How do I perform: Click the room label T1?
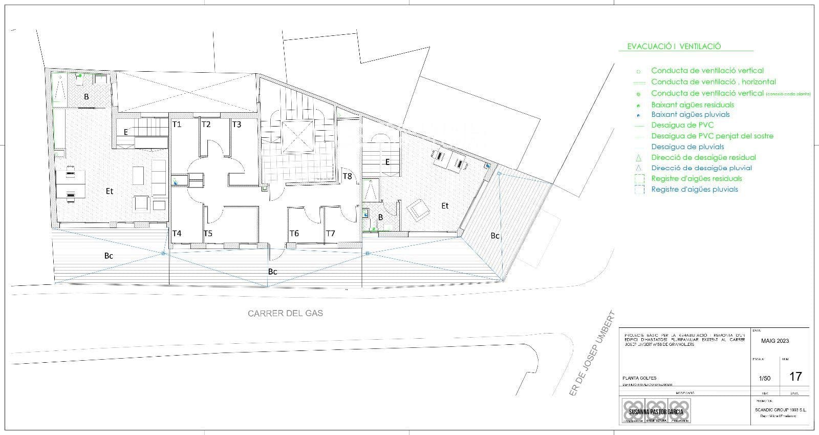(x=177, y=125)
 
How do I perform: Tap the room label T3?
(x=236, y=125)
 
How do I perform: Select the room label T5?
(x=208, y=234)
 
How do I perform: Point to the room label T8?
(x=347, y=176)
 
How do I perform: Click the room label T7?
(x=331, y=234)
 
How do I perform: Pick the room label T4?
(x=177, y=234)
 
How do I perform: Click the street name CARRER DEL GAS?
(x=285, y=313)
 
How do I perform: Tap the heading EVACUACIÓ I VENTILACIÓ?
(x=674, y=46)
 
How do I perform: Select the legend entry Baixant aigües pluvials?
(x=690, y=115)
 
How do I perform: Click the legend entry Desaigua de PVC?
(x=682, y=125)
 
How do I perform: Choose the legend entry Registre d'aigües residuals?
(x=696, y=179)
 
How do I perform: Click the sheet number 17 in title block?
(x=795, y=377)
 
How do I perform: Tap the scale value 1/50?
(x=764, y=379)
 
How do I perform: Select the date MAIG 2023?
(x=775, y=341)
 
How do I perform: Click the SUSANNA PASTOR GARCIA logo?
(x=656, y=411)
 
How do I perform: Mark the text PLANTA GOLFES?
(x=639, y=378)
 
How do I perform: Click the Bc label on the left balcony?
(x=109, y=256)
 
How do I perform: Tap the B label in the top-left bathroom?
(x=87, y=97)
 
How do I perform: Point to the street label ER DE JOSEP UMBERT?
(x=592, y=353)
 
